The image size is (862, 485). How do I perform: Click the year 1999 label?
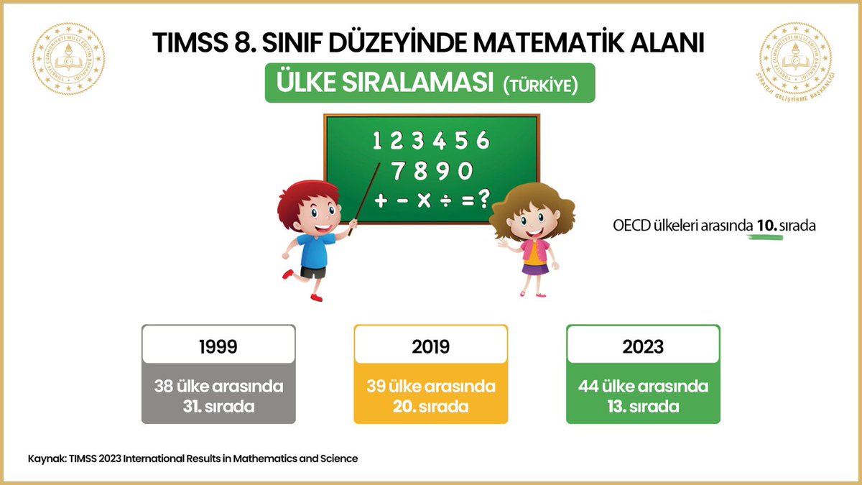(218, 346)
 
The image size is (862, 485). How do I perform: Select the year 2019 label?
(431, 346)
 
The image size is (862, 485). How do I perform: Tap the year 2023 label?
(644, 346)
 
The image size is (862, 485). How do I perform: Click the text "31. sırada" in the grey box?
(218, 406)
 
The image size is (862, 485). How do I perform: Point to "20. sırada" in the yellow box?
(431, 406)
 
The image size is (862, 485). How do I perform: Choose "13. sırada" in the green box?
(644, 406)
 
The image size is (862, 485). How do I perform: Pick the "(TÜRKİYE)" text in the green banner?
(540, 84)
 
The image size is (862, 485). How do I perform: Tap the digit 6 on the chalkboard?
(482, 139)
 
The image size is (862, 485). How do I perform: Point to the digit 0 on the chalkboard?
(465, 171)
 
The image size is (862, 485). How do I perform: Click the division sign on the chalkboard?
(446, 200)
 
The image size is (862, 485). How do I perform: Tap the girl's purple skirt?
(534, 269)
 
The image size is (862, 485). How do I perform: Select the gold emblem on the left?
(69, 59)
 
